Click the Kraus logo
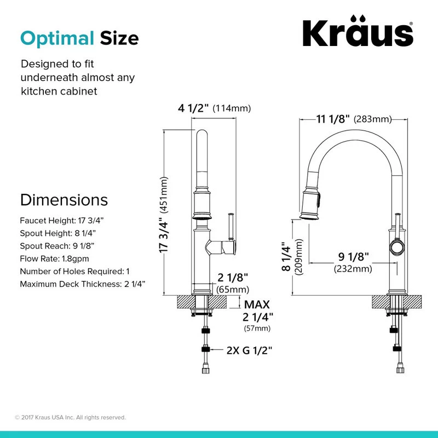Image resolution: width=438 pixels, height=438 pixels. [358, 31]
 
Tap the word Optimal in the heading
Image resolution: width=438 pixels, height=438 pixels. [57, 38]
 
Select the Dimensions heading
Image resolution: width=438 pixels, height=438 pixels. [64, 200]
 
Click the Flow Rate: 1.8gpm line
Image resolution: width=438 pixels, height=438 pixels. [54, 258]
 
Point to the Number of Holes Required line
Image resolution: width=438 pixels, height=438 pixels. [74, 271]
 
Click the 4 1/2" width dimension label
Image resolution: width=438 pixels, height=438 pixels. [193, 108]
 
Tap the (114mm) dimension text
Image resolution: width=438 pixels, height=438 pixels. [232, 108]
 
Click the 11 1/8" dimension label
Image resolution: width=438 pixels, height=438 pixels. [333, 119]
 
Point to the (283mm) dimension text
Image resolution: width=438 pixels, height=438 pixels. [373, 119]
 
